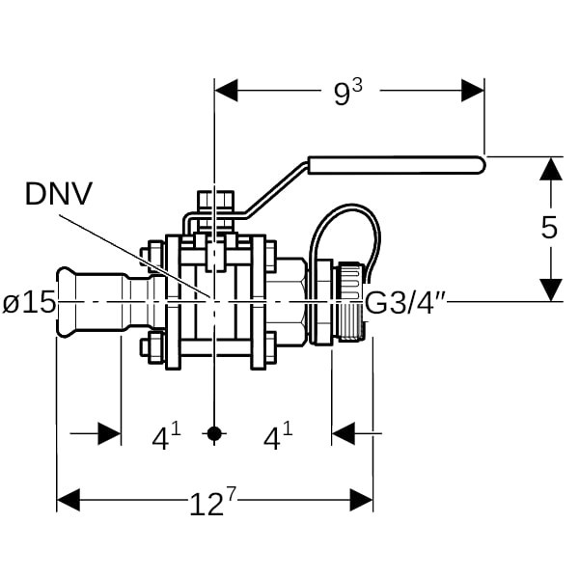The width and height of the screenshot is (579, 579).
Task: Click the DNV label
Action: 59,194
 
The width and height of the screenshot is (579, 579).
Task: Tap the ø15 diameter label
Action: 29,303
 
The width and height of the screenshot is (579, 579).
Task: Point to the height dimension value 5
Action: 549,229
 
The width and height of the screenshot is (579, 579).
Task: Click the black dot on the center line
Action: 215,434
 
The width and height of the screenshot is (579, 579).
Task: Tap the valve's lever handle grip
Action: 396,165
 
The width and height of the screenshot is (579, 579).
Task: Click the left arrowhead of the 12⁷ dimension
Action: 68,500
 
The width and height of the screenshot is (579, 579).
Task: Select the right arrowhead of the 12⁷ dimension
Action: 362,500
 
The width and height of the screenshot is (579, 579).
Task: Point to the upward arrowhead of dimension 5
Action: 550,168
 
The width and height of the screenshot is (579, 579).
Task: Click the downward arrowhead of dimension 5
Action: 550,289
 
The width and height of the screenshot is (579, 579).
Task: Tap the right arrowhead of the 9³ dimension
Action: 473,91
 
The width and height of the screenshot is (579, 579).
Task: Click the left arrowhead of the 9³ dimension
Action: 226,91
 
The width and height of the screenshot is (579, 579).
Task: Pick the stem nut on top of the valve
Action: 215,202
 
